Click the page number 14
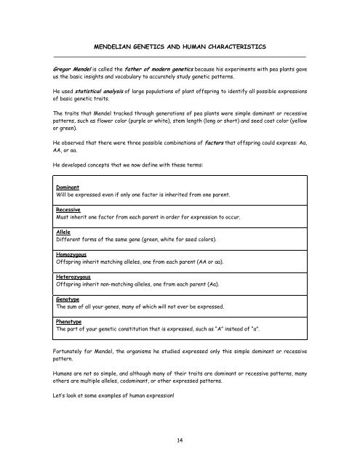[x=180, y=439]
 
